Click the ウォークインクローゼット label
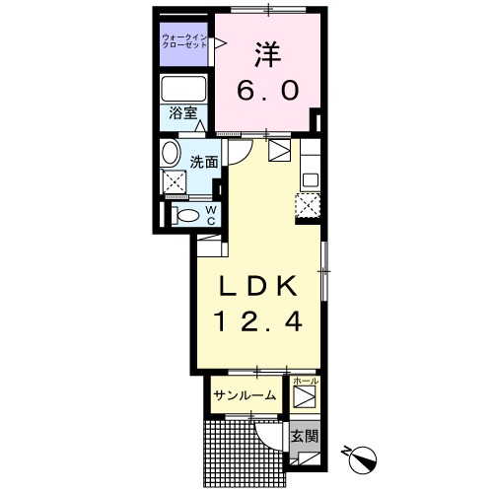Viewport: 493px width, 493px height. pos(184,43)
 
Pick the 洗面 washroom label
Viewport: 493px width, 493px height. pos(204,161)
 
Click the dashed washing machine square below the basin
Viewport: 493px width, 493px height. pos(176,181)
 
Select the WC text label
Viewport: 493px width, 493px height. pos(210,215)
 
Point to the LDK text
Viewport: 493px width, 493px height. pos(257,285)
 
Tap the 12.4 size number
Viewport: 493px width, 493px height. pos(257,320)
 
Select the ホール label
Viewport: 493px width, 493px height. pos(306,381)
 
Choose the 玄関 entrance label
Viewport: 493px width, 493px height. pos(305,435)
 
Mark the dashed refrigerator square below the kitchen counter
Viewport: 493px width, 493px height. pos(309,205)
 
